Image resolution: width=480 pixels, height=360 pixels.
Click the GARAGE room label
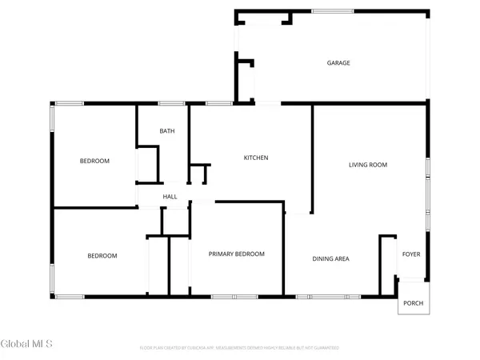tap(338, 63)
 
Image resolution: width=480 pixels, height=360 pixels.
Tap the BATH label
tap(166, 131)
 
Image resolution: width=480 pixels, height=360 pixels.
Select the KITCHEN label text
tap(255, 158)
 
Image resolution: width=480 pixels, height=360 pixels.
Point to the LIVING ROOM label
tap(367, 165)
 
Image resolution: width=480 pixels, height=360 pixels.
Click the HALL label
tap(170, 197)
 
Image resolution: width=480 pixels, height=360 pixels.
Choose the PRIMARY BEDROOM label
tap(236, 254)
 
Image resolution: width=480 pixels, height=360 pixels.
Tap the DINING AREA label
tap(330, 258)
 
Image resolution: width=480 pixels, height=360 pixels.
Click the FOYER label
tap(411, 254)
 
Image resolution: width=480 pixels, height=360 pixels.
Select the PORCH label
tap(414, 303)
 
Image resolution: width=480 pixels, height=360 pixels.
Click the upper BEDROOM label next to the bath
tap(94, 161)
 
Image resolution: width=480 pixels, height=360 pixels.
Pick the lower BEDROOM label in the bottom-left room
tap(102, 256)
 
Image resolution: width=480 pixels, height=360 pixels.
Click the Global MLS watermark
tap(26, 345)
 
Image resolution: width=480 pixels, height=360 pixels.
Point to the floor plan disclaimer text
tap(239, 348)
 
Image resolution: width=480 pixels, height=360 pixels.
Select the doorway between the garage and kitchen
tap(267, 103)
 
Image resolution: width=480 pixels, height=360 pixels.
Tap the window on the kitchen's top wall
tap(218, 104)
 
